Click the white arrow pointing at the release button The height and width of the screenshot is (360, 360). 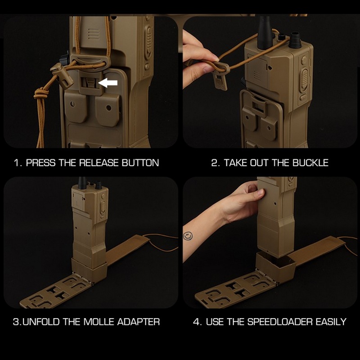(108, 83)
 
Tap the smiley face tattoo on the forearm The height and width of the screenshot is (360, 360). (188, 236)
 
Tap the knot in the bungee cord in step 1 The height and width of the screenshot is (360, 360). (42, 94)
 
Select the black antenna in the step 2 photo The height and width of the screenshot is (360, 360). (265, 32)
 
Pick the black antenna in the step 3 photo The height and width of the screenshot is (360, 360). (82, 182)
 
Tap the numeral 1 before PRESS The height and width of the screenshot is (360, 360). (17, 163)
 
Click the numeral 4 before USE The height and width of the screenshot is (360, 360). (197, 322)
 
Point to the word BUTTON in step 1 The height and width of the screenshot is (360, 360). (140, 163)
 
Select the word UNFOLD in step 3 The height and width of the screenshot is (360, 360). (41, 322)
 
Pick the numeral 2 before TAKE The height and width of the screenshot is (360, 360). (215, 163)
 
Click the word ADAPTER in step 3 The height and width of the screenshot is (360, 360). (139, 322)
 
